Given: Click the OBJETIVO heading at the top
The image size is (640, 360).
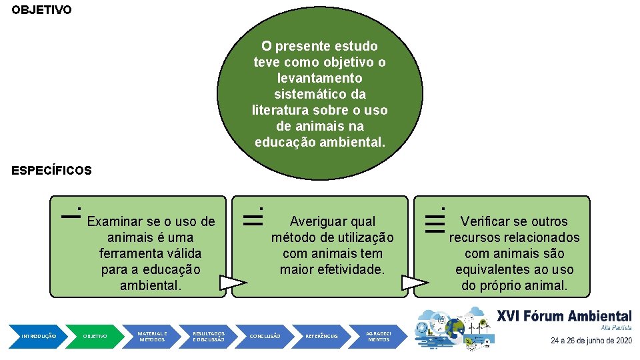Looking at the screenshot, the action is (41, 11).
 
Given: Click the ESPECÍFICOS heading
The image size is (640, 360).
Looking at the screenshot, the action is (51, 171).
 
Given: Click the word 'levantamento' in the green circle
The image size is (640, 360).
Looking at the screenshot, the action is (319, 78).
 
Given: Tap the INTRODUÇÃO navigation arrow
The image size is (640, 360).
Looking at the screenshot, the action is (39, 336).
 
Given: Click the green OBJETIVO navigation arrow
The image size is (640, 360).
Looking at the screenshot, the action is (95, 336).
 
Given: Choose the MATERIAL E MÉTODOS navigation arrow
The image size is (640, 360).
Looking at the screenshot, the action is (152, 336).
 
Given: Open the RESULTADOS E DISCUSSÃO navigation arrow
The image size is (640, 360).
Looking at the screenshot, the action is (209, 336).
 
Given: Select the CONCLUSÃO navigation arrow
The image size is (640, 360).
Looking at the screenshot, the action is (265, 336).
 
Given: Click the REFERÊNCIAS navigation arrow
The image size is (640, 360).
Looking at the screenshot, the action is (321, 336).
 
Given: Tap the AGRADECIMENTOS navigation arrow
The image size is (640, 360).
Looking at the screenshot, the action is (379, 336).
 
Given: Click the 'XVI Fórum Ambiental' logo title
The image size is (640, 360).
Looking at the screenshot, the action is (564, 316).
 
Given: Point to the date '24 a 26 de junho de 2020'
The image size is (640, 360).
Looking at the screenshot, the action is (591, 341).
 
